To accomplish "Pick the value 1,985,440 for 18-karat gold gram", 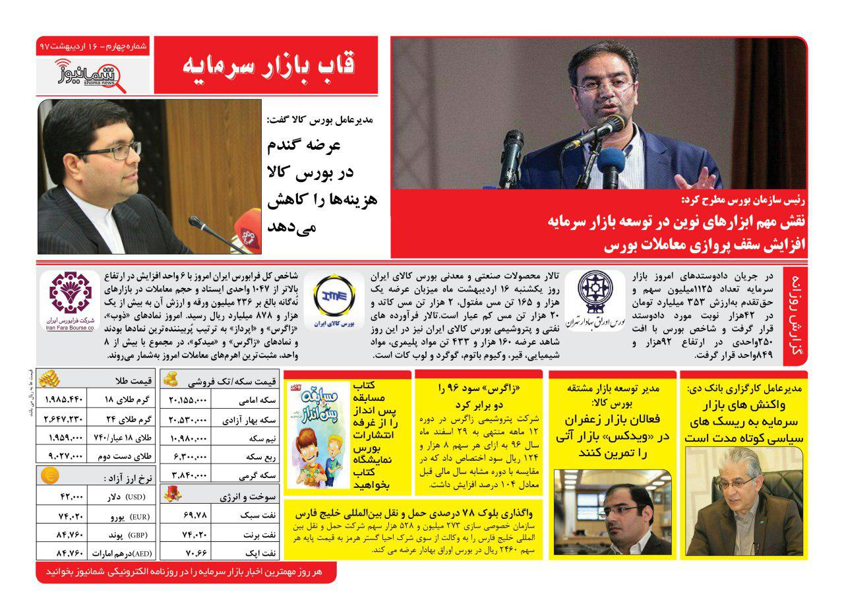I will point(65,399).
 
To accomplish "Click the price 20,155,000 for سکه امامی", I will point(188,400).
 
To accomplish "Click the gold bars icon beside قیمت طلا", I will point(50,379).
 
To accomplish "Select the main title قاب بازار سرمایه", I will point(267,65).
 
